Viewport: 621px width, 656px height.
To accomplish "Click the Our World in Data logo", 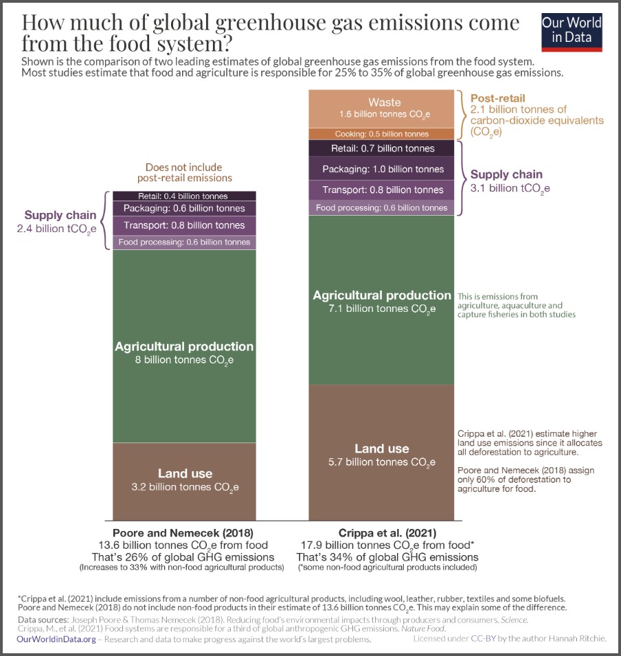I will point(572,32).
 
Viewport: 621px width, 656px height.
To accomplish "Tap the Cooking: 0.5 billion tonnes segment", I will point(381,134).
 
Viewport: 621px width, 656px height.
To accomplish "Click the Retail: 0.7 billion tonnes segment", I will point(381,148).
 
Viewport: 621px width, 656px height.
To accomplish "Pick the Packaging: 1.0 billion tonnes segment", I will point(381,169).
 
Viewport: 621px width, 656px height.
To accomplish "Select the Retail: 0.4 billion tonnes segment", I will point(184,196).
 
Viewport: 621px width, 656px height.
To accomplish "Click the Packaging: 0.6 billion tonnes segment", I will point(184,208).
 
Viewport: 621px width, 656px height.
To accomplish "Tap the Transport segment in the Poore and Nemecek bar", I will point(184,225).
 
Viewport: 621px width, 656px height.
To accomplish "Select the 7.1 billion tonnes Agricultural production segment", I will point(381,300).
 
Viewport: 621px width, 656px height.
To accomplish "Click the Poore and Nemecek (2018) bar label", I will point(184,532).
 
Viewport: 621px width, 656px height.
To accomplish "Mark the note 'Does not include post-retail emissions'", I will point(184,172).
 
